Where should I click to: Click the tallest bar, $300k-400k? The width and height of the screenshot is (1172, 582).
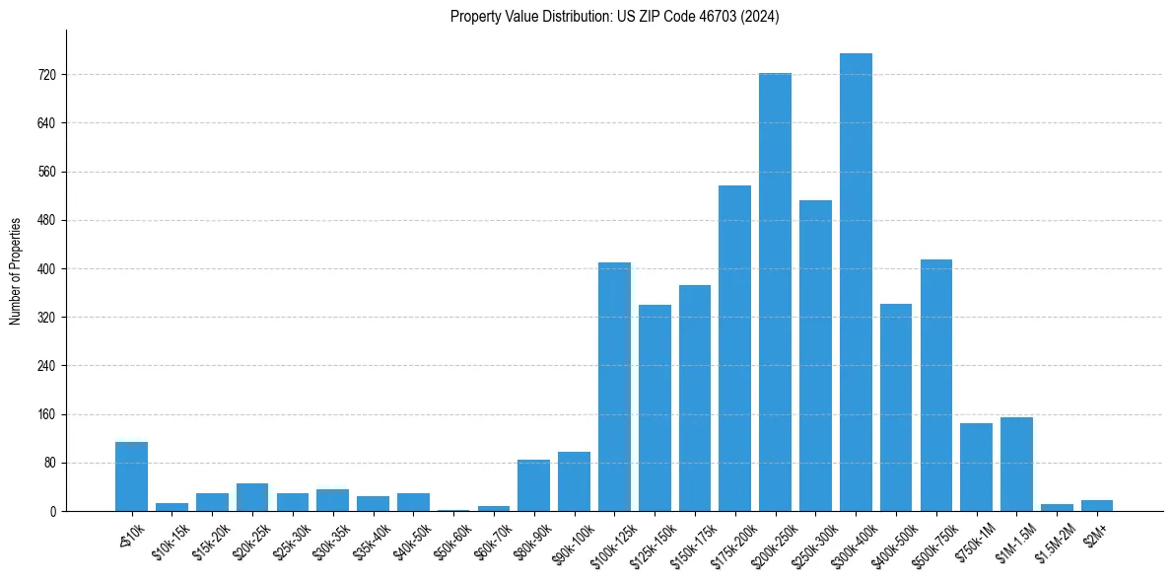point(856,282)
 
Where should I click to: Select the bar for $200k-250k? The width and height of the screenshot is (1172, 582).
point(775,292)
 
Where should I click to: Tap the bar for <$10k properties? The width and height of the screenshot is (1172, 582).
point(131,476)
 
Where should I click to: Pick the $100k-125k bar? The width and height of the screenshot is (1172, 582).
point(614,387)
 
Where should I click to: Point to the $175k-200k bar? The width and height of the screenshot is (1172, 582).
point(734,348)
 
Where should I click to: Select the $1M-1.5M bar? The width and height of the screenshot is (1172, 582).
point(1016,464)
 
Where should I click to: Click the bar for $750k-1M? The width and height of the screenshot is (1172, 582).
point(976,467)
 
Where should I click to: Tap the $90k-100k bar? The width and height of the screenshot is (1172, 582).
point(574,481)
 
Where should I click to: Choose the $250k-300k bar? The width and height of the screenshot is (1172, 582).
point(815,355)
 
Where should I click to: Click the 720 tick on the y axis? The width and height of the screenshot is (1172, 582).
point(46,75)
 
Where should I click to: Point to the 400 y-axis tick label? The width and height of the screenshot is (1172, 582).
point(46,268)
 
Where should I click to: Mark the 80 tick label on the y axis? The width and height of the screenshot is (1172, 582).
point(49,463)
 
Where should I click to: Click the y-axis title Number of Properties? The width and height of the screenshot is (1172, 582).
point(15,271)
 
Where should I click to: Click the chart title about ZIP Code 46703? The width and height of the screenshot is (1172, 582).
point(614,17)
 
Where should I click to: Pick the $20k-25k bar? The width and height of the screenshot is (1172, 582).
point(252,497)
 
